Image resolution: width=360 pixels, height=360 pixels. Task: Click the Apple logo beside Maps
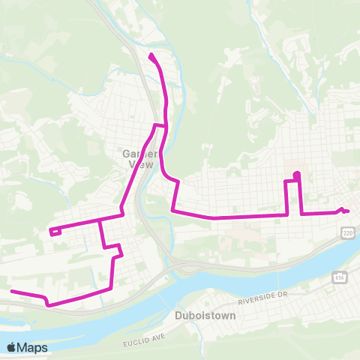(11, 347)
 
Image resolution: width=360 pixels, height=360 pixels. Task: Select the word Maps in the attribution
(32, 347)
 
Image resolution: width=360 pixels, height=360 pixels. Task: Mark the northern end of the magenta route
(152, 56)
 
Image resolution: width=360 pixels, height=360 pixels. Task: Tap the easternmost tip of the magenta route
(348, 211)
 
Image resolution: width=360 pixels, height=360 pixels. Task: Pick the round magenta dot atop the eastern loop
(297, 175)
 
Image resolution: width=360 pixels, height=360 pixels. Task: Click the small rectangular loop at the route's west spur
(55, 232)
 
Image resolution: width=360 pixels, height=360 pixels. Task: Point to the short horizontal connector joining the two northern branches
(160, 124)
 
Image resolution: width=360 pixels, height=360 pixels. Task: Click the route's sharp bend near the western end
(47, 304)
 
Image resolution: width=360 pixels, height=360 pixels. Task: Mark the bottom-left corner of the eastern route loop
(287, 214)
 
